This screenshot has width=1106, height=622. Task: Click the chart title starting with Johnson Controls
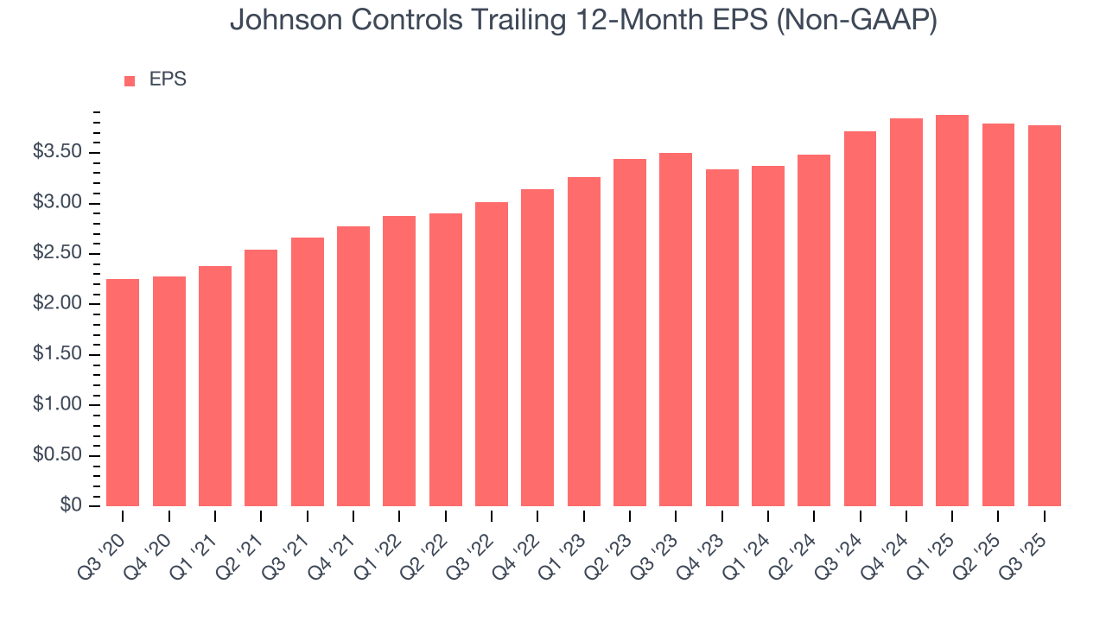[583, 21]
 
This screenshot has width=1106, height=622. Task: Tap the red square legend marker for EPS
[130, 80]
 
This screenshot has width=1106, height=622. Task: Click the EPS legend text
[168, 79]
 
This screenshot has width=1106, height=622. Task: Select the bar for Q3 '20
[123, 392]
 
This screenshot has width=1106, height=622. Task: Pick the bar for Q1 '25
[952, 310]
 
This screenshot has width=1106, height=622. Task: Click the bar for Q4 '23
[721, 338]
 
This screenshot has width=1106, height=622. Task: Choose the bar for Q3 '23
[676, 329]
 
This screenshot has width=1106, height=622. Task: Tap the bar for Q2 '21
[261, 378]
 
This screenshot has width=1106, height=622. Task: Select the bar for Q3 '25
[1044, 315]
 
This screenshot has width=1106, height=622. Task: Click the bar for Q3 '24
[860, 319]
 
